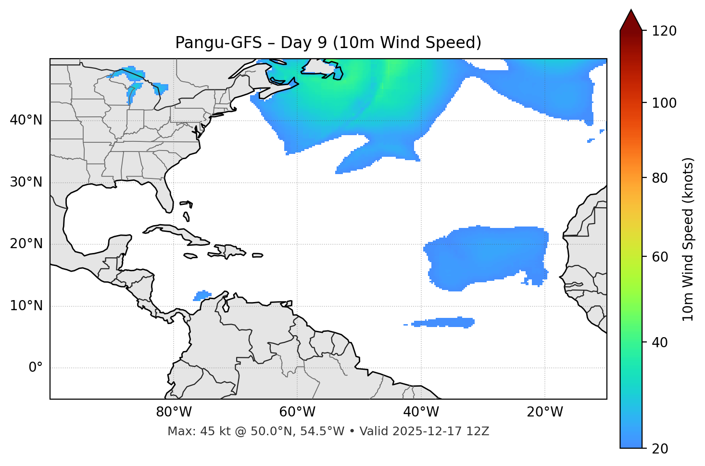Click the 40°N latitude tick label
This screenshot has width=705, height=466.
point(26,120)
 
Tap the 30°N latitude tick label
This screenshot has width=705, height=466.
point(26,182)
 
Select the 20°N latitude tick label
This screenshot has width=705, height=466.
point(26,244)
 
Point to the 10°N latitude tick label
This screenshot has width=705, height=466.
point(26,306)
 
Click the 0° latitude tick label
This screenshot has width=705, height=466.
point(36,368)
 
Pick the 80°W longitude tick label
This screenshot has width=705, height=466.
point(174,412)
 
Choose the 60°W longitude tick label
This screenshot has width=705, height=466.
point(297,412)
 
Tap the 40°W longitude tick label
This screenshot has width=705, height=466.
point(421,412)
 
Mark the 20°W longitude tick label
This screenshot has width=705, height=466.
point(545,412)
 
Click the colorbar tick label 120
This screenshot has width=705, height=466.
point(664,31)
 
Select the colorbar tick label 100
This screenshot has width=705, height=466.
point(664,103)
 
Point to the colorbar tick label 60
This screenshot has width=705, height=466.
point(660,257)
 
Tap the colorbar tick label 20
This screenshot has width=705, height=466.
point(660,449)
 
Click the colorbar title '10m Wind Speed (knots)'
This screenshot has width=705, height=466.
point(688,239)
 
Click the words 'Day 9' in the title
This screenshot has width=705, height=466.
point(303,43)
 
